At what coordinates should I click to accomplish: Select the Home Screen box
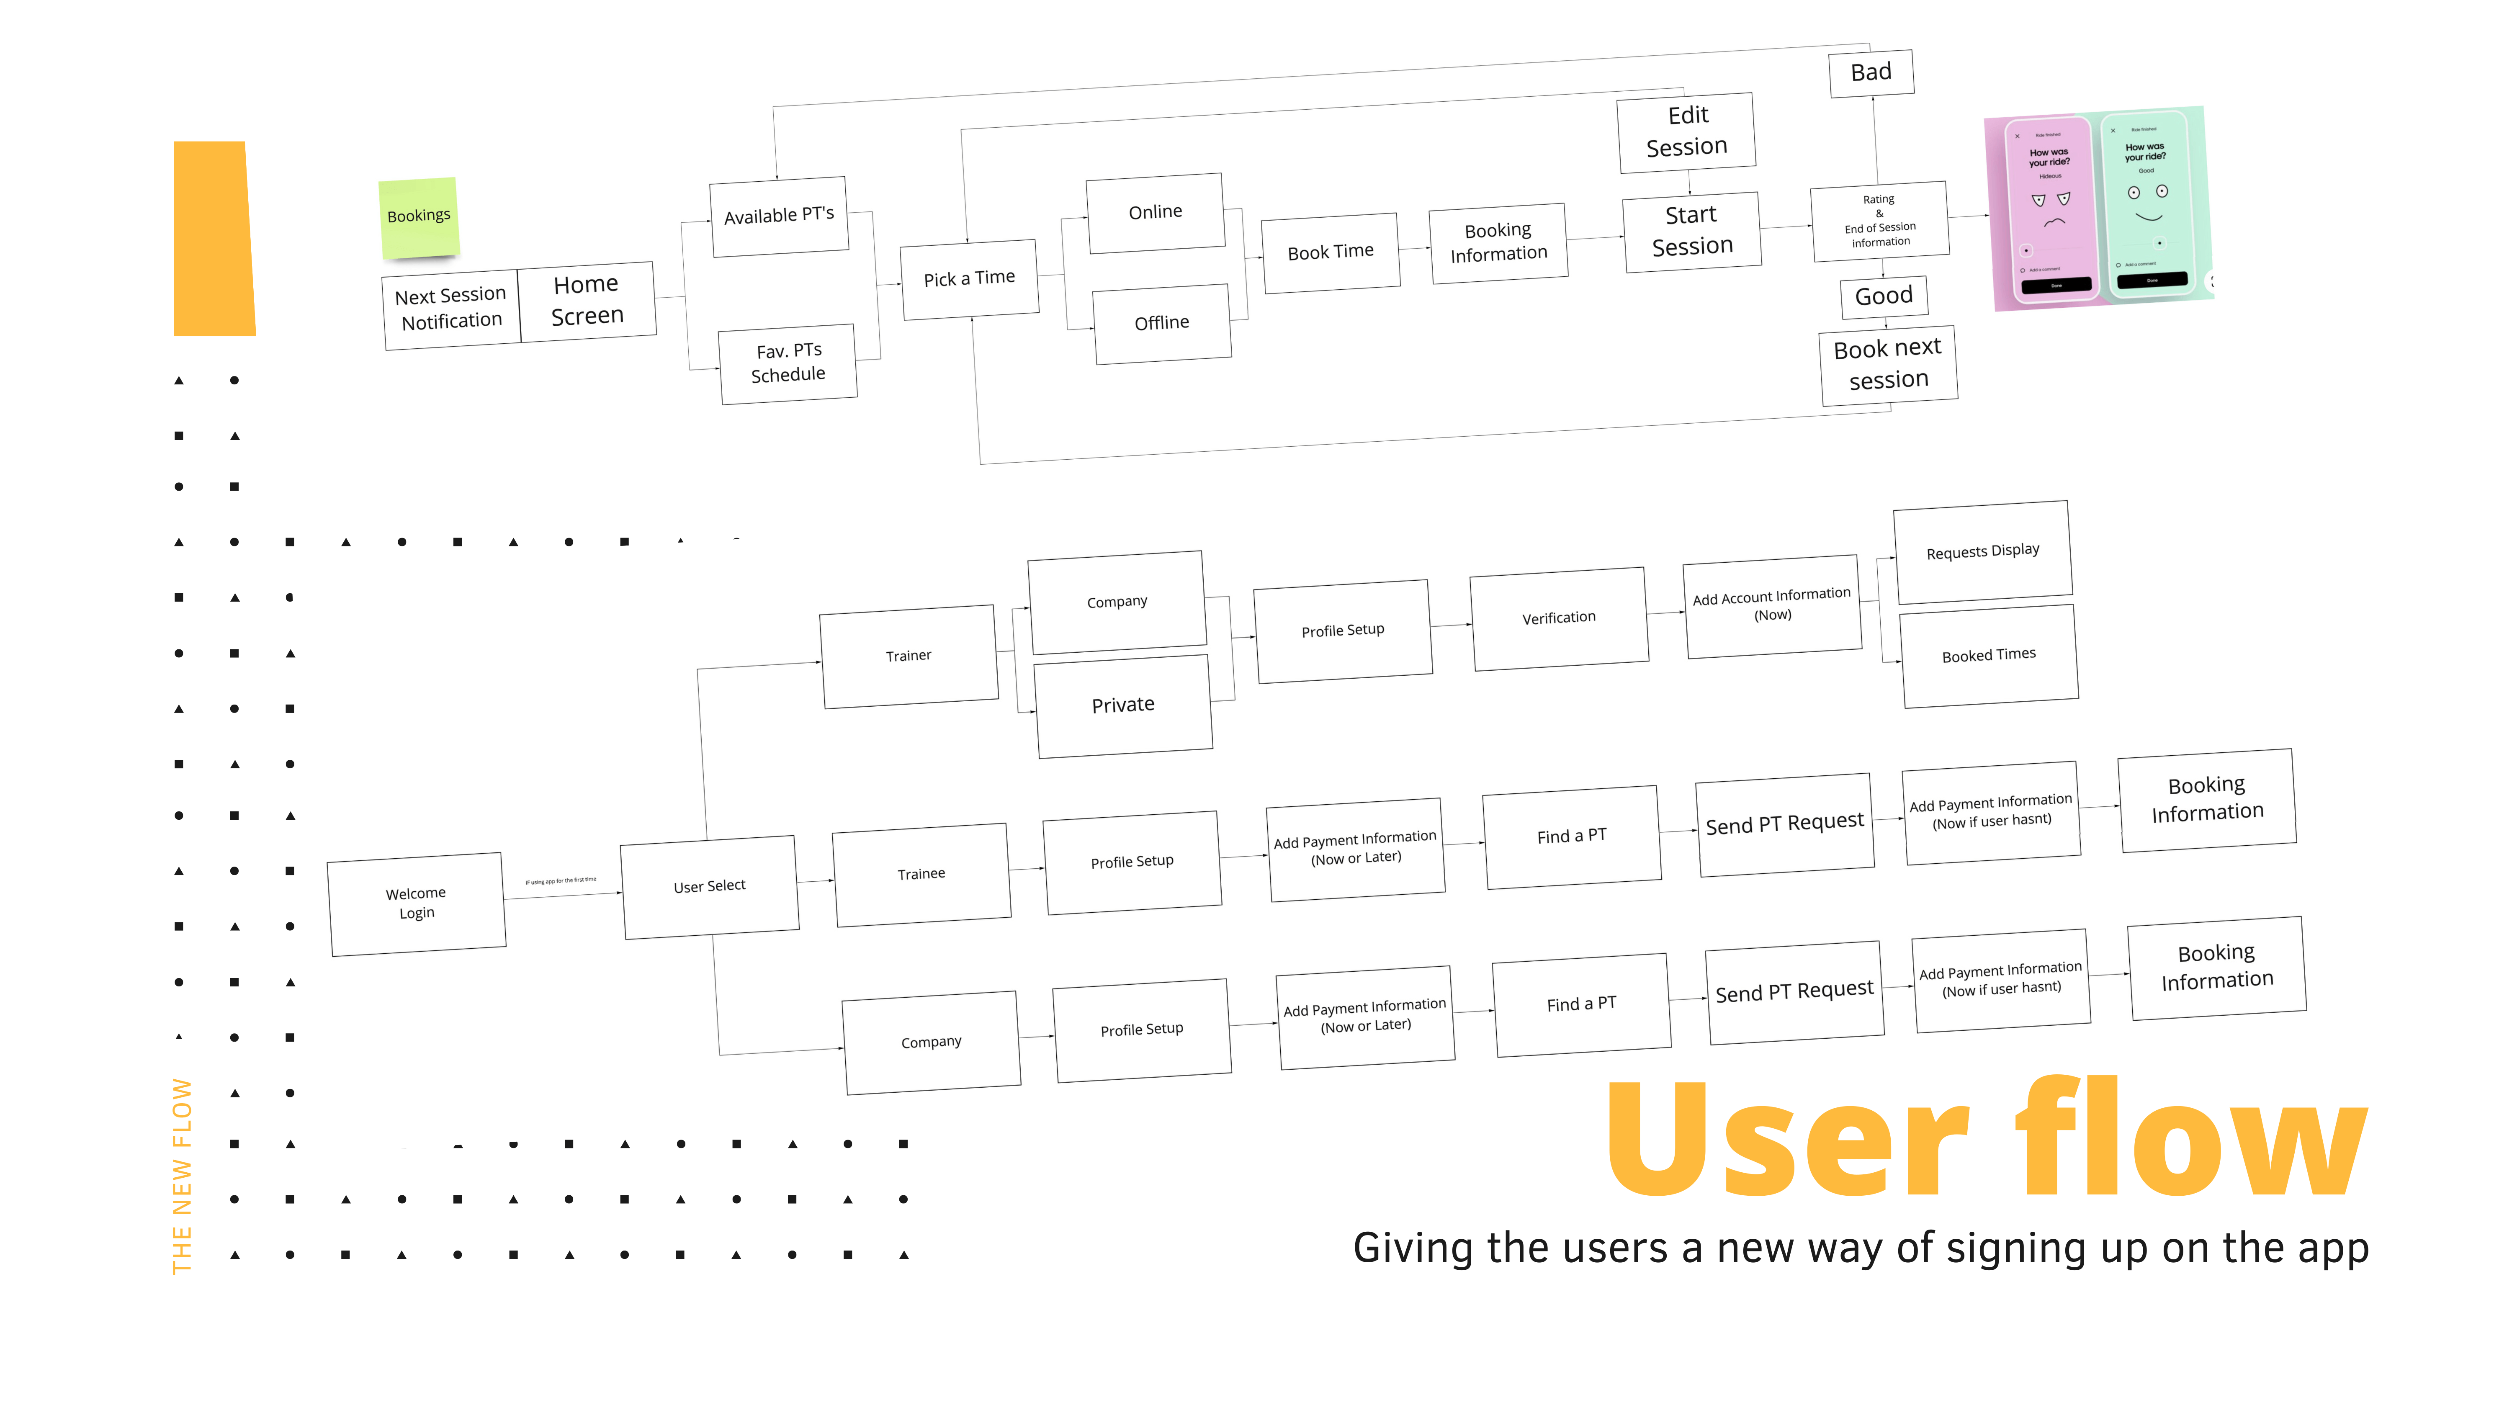[x=586, y=300]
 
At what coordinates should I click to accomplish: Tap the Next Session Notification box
[x=450, y=308]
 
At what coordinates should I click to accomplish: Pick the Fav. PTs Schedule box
[x=788, y=363]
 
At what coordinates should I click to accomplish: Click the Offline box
[x=1161, y=323]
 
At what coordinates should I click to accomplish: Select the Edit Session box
[x=1686, y=131]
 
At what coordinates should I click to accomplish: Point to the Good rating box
[x=1883, y=296]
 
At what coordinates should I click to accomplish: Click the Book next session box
[x=1888, y=364]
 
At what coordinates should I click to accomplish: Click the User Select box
[x=709, y=886]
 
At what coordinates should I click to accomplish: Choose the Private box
[x=1123, y=705]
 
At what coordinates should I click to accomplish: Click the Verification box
[x=1558, y=618]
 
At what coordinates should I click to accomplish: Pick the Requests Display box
[x=1982, y=552]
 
